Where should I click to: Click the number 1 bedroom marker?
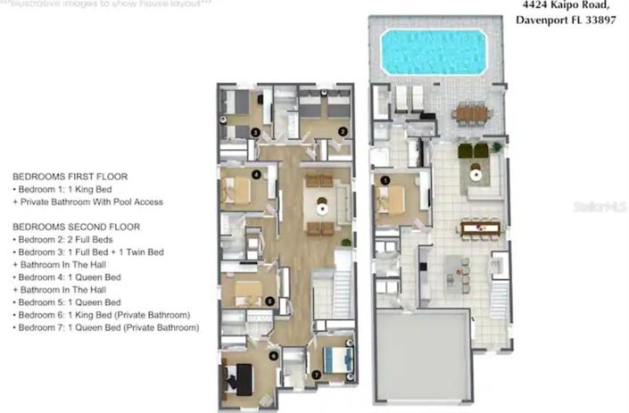[385, 179]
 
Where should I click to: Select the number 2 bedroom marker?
[342, 131]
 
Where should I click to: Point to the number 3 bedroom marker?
[255, 132]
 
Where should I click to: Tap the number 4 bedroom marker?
[256, 175]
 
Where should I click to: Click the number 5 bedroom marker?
[270, 301]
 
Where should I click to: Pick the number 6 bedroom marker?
[273, 356]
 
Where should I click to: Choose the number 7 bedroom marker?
[317, 375]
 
